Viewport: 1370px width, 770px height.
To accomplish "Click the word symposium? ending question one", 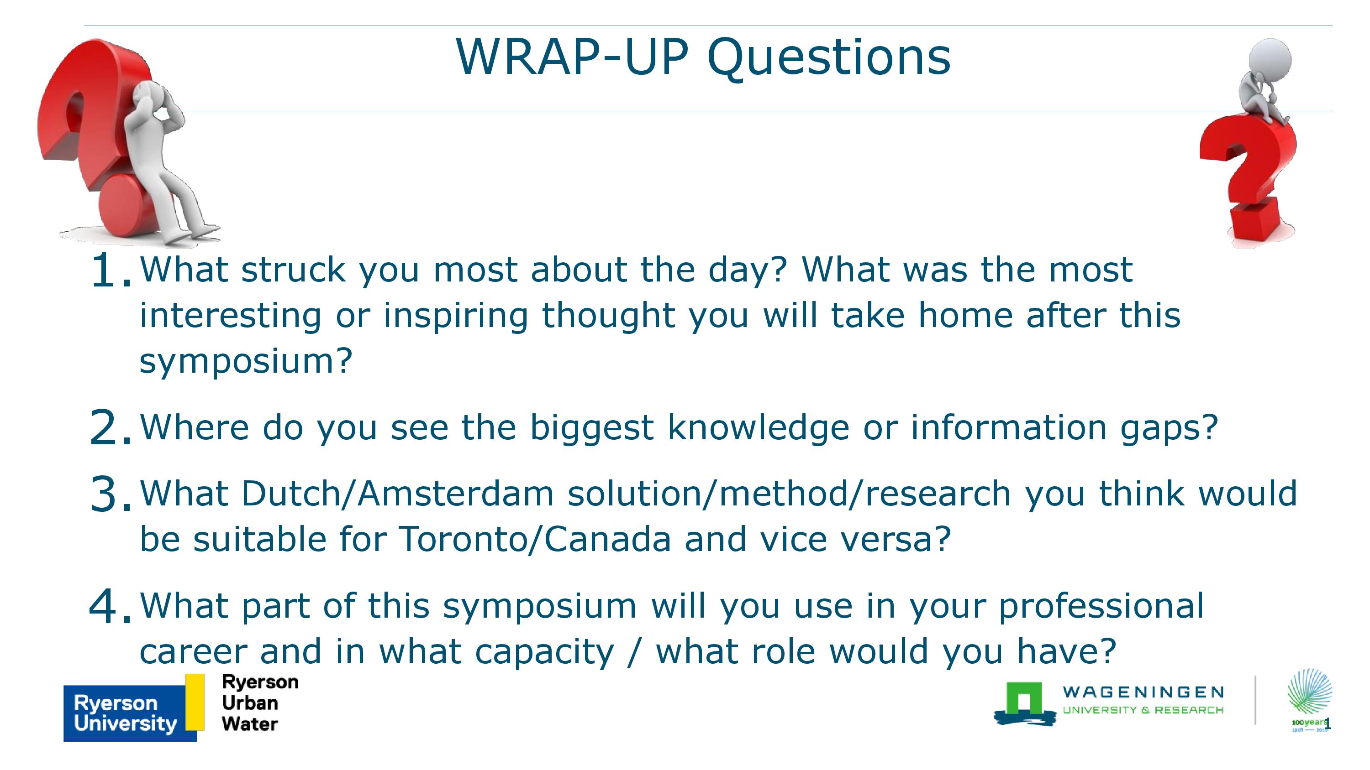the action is [x=246, y=361].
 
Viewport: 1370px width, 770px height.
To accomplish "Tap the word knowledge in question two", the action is [x=759, y=428].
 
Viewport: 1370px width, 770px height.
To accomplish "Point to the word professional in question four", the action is [x=1101, y=606].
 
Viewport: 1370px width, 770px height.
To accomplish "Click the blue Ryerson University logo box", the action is [x=130, y=713].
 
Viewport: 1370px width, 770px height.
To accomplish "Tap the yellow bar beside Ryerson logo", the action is [x=195, y=702].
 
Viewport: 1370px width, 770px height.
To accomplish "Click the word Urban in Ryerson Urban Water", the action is [x=250, y=702].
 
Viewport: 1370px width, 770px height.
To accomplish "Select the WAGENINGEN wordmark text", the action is [x=1143, y=692].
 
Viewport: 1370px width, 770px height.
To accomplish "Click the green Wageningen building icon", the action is [x=1024, y=703].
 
